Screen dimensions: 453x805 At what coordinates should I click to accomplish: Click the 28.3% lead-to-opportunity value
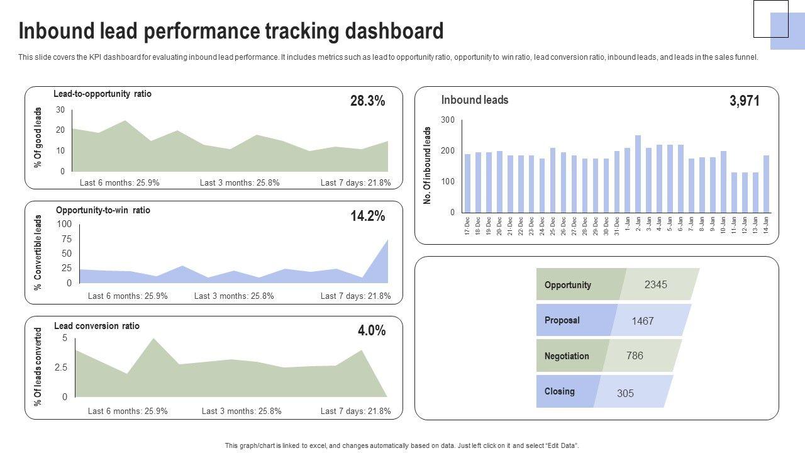(x=367, y=101)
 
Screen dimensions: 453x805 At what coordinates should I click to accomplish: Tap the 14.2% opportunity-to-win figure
(x=367, y=216)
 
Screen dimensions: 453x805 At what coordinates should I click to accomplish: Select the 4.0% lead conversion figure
(x=372, y=331)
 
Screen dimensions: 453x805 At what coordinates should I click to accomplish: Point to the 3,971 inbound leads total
(x=745, y=101)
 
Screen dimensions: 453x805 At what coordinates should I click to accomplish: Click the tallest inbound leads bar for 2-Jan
(x=638, y=174)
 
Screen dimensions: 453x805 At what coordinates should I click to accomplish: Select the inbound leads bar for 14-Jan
(x=766, y=184)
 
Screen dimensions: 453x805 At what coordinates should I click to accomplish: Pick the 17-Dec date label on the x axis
(x=467, y=226)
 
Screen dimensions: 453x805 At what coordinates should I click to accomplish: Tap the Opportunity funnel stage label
(x=568, y=285)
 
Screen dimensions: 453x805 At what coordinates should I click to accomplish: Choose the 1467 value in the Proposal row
(x=642, y=321)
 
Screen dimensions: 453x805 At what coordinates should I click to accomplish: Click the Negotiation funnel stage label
(x=567, y=356)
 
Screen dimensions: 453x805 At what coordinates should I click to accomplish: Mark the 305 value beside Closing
(x=625, y=393)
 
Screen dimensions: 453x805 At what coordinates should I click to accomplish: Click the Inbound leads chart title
(x=475, y=100)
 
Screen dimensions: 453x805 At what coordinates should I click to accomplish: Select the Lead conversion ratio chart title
(x=97, y=326)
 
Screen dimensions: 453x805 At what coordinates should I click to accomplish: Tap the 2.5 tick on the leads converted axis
(x=61, y=367)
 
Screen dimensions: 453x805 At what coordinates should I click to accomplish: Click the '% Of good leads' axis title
(x=38, y=137)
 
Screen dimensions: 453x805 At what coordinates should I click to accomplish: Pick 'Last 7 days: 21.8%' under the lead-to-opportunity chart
(x=355, y=183)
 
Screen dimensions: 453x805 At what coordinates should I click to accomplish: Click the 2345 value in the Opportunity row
(x=655, y=284)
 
